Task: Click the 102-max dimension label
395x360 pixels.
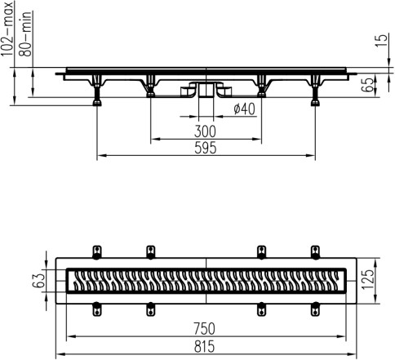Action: click(x=7, y=29)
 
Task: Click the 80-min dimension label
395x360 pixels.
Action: click(x=25, y=33)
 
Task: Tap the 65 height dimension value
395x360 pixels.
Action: click(x=369, y=85)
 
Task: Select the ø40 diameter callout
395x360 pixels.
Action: click(x=244, y=109)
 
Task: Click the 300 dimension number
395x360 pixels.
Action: click(x=205, y=131)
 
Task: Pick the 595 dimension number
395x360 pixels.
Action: click(x=206, y=148)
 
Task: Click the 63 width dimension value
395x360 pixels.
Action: click(x=38, y=281)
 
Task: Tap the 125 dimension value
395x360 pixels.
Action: click(x=369, y=280)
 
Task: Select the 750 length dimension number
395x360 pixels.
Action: click(x=204, y=328)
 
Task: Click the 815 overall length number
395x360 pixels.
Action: click(x=204, y=347)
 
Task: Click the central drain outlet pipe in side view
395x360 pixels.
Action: click(x=206, y=90)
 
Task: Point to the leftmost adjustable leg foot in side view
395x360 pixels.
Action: click(x=97, y=103)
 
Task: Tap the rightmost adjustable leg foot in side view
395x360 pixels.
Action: click(x=315, y=103)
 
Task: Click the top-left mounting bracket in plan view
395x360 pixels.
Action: click(x=97, y=252)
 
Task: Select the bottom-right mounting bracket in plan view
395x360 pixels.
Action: click(x=315, y=309)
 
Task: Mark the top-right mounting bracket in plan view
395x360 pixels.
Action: click(x=315, y=252)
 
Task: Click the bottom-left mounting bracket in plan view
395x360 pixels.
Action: click(x=97, y=309)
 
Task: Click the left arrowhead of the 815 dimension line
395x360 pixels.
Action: click(x=60, y=354)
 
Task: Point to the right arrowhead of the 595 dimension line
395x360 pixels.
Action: click(x=311, y=156)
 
